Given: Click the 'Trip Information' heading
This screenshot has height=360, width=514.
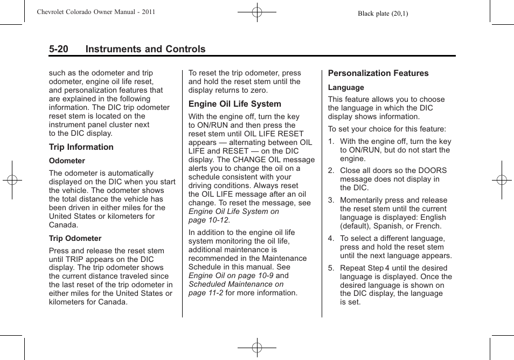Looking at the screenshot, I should tap(81, 147).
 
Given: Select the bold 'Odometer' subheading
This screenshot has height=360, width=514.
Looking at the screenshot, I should tap(67, 161).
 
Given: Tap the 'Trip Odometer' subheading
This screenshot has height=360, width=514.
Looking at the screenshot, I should tap(75, 238).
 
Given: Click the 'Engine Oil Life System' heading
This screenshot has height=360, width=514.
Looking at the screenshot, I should tap(234, 104).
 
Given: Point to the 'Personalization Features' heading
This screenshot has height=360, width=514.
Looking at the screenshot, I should tap(378, 73).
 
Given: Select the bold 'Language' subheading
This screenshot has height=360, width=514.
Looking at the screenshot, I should tap(346, 87).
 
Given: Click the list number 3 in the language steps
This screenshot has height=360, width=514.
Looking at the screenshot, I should tap(331, 200).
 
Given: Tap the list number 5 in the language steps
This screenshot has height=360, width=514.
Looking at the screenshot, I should tap(331, 268).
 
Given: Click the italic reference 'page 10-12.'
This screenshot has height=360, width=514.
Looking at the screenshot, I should tap(209, 220).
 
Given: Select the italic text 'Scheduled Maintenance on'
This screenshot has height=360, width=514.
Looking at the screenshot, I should tap(235, 284).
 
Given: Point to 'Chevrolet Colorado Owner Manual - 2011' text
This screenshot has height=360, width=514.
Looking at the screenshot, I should tap(96, 11).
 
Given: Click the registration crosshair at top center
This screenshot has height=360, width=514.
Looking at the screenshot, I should tap(257, 11).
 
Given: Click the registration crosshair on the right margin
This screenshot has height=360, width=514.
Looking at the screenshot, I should tap(502, 180).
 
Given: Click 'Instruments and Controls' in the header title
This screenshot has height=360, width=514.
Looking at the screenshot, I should tap(145, 49).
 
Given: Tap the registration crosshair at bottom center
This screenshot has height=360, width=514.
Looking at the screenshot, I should tap(257, 348).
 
